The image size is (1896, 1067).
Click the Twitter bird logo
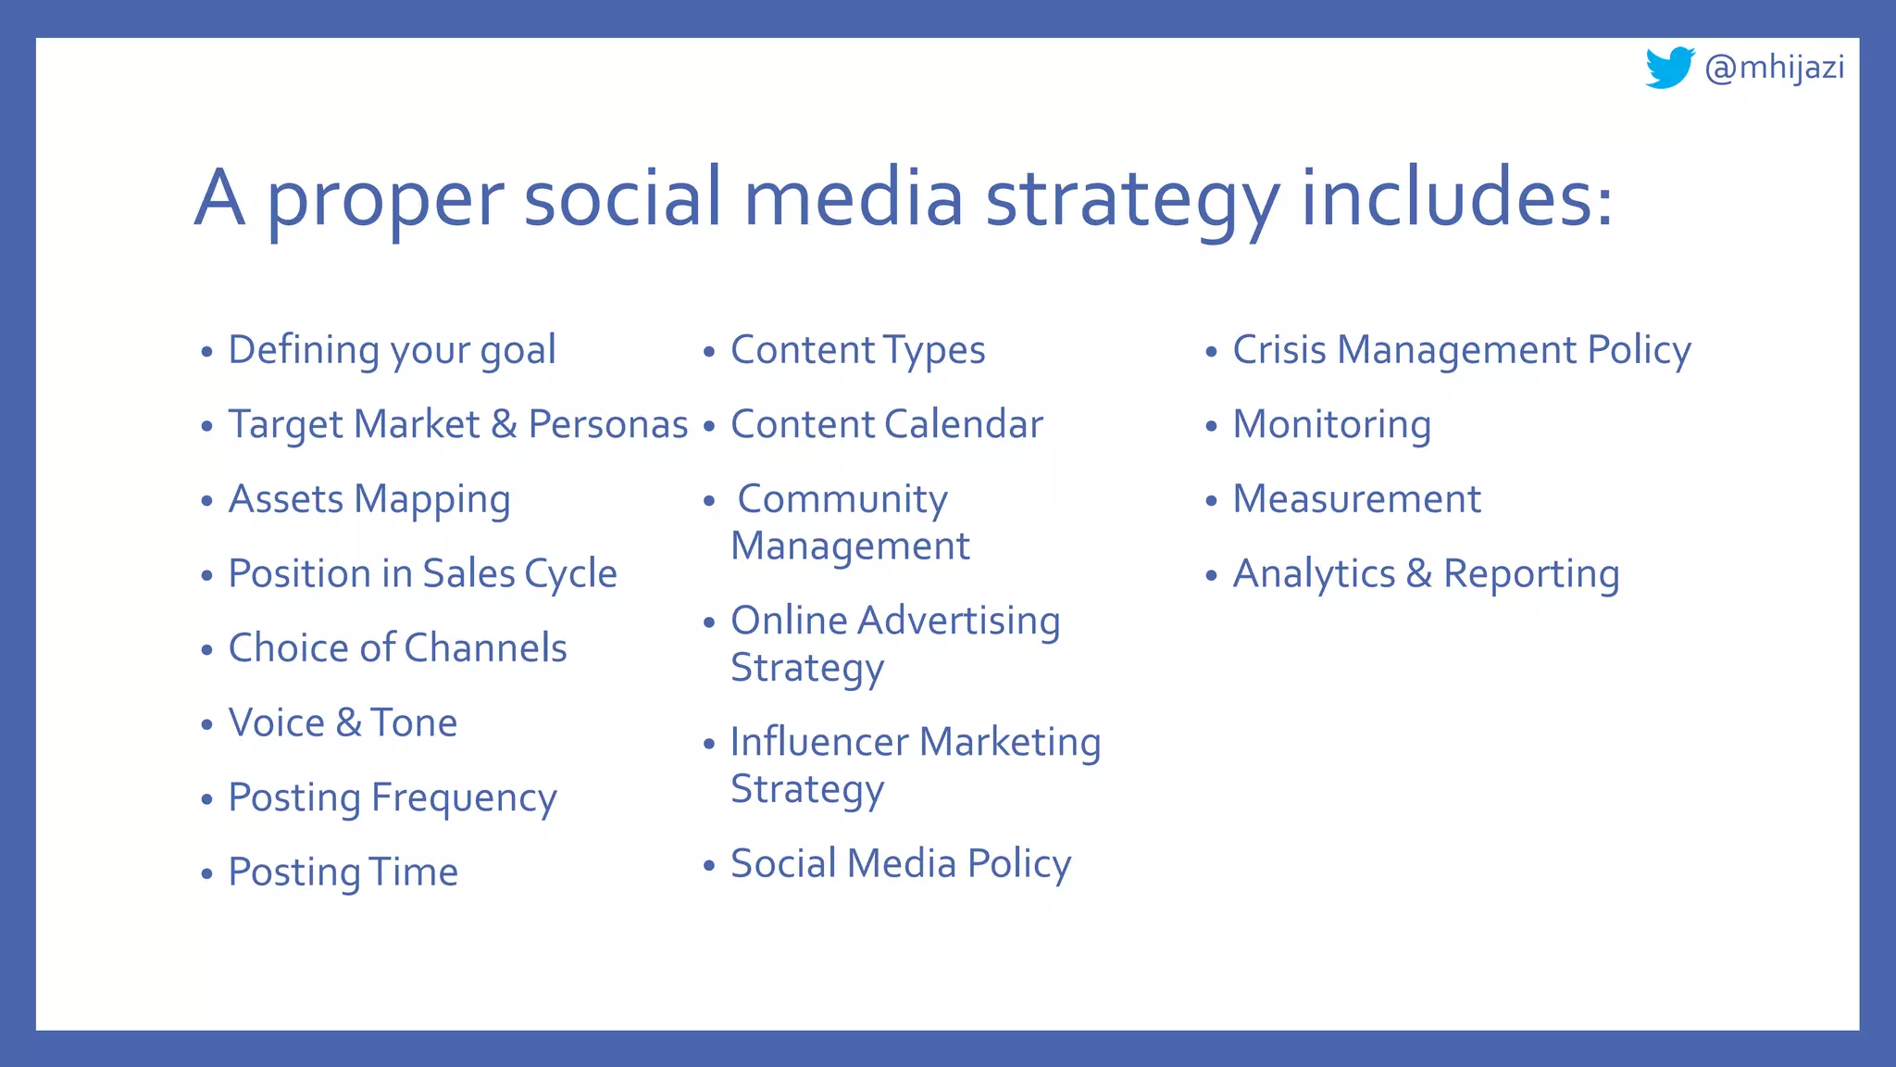tap(1669, 68)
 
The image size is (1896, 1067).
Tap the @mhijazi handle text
tap(1775, 68)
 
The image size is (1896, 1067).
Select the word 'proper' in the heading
tap(385, 199)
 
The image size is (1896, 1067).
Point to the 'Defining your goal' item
tap(392, 351)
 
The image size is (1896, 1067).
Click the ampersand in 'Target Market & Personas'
tap(504, 425)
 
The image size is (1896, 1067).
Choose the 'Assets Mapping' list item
tap(369, 500)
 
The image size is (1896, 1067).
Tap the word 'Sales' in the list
tap(468, 574)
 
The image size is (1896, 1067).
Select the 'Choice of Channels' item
tap(397, 648)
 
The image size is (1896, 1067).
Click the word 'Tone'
tap(414, 723)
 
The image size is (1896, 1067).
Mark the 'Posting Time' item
tap(343, 872)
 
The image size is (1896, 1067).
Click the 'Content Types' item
tap(857, 351)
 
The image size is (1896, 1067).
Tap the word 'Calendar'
tap(964, 425)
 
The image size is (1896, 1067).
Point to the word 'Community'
tap(842, 500)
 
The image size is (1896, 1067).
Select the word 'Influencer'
tap(819, 743)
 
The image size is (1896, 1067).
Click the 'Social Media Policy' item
tap(900, 864)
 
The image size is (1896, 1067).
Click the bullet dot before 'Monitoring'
tap(1211, 427)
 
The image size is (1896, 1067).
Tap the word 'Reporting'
tap(1531, 574)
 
